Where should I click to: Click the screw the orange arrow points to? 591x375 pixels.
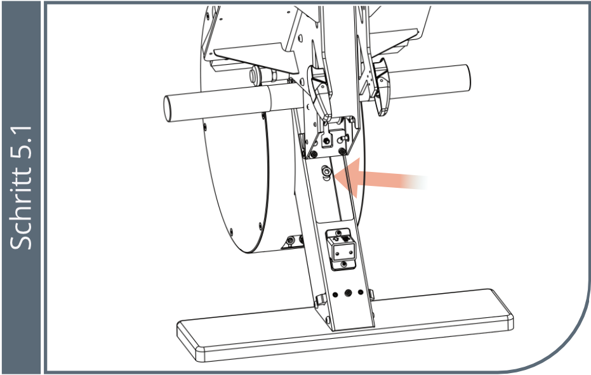tap(326, 172)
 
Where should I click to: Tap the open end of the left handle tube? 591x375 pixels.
tap(168, 109)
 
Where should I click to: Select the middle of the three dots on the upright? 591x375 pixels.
tap(349, 293)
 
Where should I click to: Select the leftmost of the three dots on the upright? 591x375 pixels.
tap(335, 293)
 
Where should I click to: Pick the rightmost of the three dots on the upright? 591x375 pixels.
tap(361, 292)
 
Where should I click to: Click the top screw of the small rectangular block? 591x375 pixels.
tap(338, 233)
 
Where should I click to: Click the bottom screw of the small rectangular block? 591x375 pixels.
tap(343, 265)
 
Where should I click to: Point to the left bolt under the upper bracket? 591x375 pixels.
tap(314, 154)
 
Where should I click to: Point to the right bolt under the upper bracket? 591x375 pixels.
tap(342, 151)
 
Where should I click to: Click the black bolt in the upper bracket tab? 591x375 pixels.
tap(327, 141)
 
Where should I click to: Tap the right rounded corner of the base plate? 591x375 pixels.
tap(508, 317)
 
